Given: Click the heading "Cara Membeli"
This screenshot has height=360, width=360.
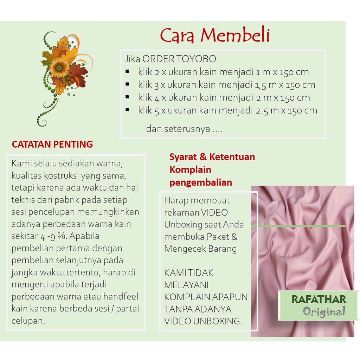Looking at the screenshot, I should pos(215,36).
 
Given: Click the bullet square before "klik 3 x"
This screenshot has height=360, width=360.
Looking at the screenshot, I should pos(127,84).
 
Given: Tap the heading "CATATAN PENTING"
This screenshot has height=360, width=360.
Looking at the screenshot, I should pos(52,144).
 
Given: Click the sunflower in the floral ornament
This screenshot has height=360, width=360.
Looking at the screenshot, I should pos(59,67).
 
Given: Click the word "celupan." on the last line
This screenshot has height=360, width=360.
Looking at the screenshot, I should pos(28,321).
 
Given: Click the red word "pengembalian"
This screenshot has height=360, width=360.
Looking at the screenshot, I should pos(201,182).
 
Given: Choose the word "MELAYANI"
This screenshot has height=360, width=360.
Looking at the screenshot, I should pos(186,284).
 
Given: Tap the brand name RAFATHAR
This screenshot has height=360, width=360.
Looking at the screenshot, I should pos(319,300).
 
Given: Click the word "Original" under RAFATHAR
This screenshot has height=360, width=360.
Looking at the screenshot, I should pos(324,311).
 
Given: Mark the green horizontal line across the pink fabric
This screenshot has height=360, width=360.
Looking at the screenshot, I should pos(299,226).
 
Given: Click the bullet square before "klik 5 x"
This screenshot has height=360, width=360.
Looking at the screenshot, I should pos(127,110).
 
